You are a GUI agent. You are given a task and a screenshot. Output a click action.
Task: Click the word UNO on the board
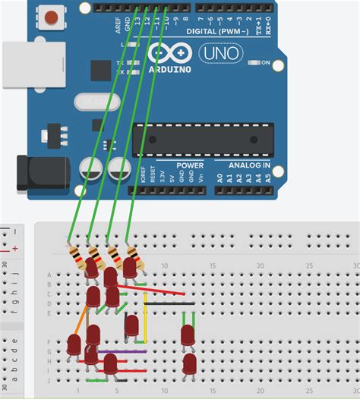tap(221, 54)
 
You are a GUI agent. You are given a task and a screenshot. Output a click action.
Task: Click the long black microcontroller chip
tap(203, 140)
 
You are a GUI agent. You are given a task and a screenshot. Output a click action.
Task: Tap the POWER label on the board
tap(190, 165)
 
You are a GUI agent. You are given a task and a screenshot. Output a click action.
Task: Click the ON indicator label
tap(266, 63)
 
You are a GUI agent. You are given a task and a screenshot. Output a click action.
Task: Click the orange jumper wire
tap(79, 322)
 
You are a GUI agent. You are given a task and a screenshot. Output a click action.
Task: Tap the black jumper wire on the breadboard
tap(169, 303)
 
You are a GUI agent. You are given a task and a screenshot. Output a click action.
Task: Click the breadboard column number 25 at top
tap(309, 265)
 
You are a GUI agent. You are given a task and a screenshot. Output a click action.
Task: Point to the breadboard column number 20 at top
tap(261, 265)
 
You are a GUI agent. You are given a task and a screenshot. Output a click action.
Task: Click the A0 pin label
tap(219, 179)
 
